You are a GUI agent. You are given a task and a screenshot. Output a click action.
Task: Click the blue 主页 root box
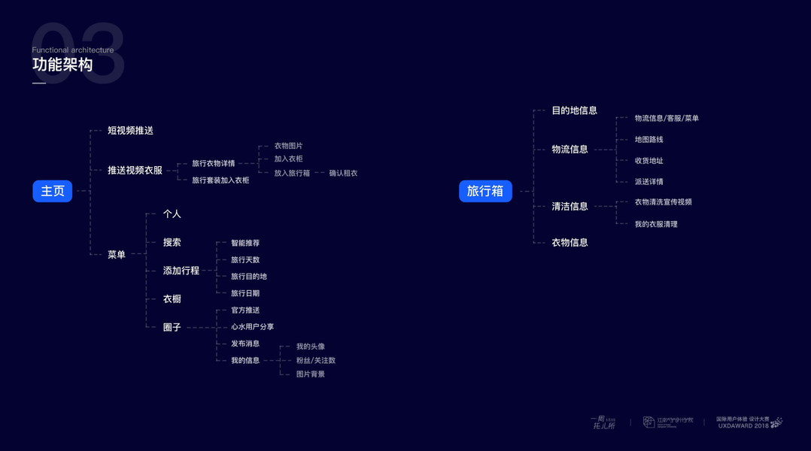click(x=53, y=191)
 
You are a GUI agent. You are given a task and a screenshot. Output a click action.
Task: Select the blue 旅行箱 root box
click(x=485, y=191)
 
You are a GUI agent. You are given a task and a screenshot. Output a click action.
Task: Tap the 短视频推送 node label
click(x=130, y=131)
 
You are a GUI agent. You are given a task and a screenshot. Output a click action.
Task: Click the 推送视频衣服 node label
click(x=135, y=171)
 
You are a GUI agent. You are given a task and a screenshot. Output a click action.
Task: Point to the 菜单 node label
click(x=117, y=255)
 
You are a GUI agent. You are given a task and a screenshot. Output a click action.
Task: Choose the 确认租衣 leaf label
click(x=343, y=173)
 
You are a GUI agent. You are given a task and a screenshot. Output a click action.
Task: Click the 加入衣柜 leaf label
click(x=288, y=159)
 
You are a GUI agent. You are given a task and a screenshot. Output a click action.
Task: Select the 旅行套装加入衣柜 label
click(x=220, y=180)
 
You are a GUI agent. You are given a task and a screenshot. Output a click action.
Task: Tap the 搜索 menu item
click(x=172, y=243)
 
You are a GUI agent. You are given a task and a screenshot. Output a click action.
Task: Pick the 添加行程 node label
click(x=181, y=271)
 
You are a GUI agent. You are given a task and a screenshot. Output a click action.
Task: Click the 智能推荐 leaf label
click(x=245, y=244)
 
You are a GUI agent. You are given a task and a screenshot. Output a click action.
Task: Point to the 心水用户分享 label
click(x=253, y=327)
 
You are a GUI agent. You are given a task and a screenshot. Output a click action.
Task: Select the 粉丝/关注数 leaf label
click(x=316, y=361)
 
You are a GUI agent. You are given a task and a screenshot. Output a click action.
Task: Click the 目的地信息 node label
click(x=575, y=110)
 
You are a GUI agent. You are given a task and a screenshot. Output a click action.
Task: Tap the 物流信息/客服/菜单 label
click(x=667, y=119)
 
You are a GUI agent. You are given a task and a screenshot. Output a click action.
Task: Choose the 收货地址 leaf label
click(x=649, y=161)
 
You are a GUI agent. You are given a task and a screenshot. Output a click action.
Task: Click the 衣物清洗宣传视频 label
click(x=664, y=202)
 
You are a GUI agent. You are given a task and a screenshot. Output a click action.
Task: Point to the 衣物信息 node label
click(x=570, y=243)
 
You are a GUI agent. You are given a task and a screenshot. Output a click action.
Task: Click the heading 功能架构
click(x=62, y=65)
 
